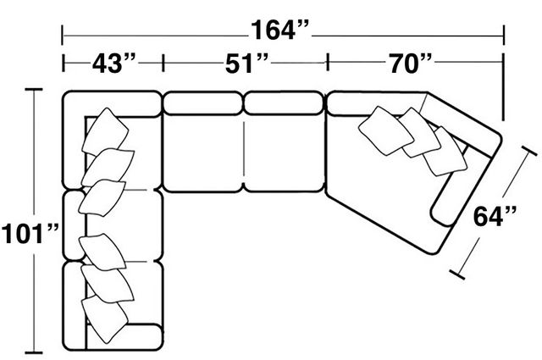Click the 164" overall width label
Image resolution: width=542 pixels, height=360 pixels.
279,30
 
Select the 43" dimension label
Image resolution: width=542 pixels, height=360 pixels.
114,64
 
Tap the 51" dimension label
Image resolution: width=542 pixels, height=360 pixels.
246,64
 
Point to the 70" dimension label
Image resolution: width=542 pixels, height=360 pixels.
411,64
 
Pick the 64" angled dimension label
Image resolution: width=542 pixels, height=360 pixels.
495,217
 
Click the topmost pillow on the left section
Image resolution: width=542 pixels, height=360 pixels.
105,132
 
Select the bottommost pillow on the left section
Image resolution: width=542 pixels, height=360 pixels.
104,319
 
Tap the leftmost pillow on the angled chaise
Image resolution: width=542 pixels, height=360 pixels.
386,130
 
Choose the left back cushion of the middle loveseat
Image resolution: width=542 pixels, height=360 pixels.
202,102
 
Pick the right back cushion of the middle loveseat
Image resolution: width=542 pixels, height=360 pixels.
284,102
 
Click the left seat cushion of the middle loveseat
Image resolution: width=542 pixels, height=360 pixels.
203,153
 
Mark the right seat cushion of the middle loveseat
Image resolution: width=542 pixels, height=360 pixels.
285,153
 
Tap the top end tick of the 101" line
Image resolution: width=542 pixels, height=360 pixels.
34,89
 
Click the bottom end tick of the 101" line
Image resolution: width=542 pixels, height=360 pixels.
34,352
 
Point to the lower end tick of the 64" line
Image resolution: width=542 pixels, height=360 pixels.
457,274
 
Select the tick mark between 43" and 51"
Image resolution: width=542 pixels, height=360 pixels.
163,63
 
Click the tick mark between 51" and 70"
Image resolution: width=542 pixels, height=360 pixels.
328,62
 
